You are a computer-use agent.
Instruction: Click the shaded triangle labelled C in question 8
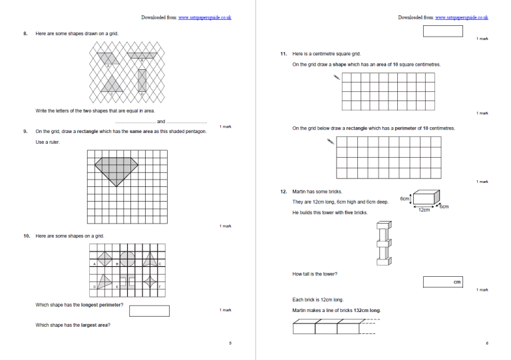pyautogui.click(x=112, y=85)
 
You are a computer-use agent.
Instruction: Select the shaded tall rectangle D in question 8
pyautogui.click(x=141, y=81)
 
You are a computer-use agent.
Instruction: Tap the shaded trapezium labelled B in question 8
pyautogui.click(x=141, y=56)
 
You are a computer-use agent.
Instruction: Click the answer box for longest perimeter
pyautogui.click(x=149, y=311)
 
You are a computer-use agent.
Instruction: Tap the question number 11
pyautogui.click(x=283, y=53)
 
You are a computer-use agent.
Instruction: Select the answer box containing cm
pyautogui.click(x=442, y=282)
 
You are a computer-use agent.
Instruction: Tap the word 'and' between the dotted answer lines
pyautogui.click(x=160, y=122)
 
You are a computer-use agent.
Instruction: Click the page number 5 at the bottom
pyautogui.click(x=230, y=343)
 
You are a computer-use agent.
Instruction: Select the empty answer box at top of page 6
pyautogui.click(x=442, y=31)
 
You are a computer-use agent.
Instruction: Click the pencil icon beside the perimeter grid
pyautogui.click(x=331, y=141)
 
